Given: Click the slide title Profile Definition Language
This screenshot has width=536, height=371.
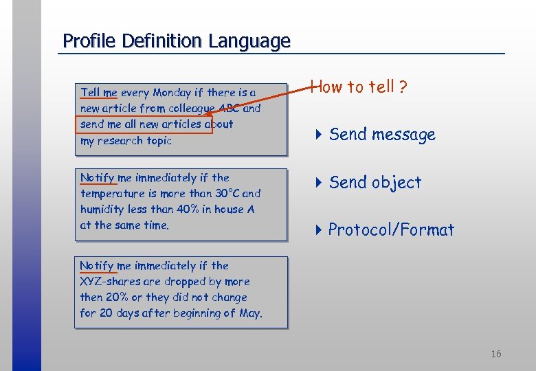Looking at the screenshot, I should coord(177,41).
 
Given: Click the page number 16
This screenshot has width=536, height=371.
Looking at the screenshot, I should coord(495,354).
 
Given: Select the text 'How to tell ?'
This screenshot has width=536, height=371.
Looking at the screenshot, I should coord(359,87).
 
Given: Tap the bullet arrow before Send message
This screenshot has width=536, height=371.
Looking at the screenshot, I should coord(318,135).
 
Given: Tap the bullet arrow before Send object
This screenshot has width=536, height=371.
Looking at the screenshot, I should coord(318,183).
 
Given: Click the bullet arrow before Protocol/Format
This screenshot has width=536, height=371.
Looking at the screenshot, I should coord(318,230).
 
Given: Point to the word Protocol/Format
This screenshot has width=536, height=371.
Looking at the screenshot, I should coord(391,230).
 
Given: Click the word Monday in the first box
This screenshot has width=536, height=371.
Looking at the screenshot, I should coord(172,93).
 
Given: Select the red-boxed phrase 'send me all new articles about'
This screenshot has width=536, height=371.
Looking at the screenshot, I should coord(157,124).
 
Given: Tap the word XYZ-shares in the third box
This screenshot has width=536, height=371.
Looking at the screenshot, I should coord(109,282).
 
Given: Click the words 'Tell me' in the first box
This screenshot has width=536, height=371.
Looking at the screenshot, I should coord(99,93).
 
